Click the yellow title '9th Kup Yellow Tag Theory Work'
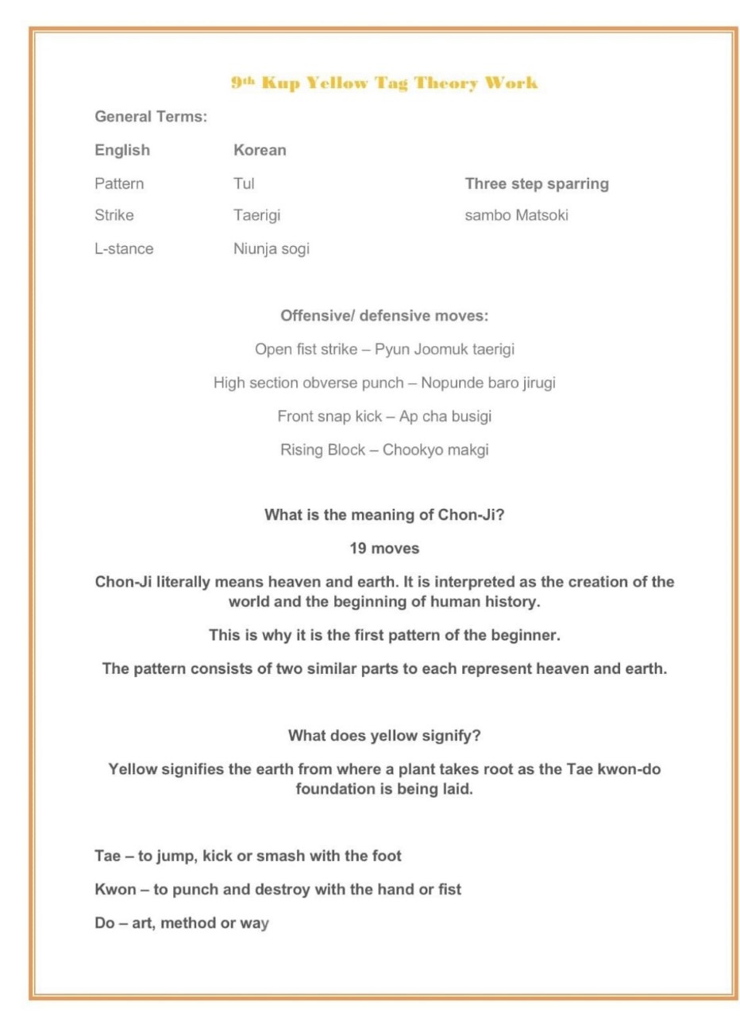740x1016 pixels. [384, 83]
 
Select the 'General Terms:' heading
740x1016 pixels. [151, 117]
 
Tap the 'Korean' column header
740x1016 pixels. [260, 150]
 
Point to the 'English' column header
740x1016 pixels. [122, 150]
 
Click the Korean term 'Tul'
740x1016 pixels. [244, 183]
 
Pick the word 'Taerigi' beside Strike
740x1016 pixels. [256, 215]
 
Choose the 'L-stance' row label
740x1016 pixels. [124, 248]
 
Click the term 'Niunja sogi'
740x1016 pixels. [271, 248]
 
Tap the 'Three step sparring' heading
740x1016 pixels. [537, 183]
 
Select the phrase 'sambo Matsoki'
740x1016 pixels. [516, 215]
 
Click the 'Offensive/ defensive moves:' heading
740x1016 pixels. [384, 316]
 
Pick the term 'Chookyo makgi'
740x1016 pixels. [435, 449]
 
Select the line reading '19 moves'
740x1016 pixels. [384, 548]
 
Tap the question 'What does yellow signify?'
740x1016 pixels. [384, 735]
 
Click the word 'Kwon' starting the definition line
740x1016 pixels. [116, 890]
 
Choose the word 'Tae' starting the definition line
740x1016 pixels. [108, 856]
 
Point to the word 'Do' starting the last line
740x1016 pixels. [105, 923]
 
